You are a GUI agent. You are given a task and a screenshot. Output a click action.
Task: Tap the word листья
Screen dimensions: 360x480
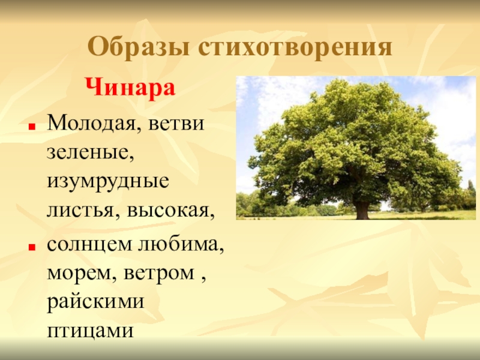pos(82,210)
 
